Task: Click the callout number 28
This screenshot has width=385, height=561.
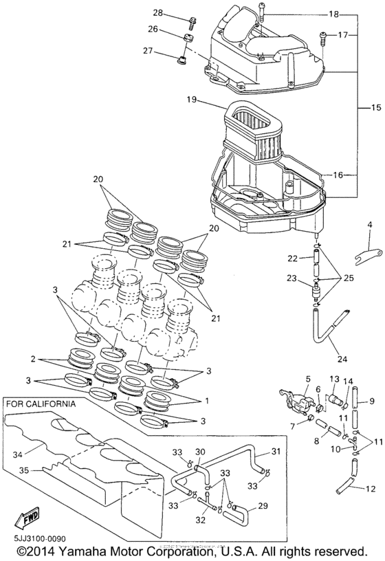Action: [157, 13]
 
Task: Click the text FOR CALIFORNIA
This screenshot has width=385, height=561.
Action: [41, 404]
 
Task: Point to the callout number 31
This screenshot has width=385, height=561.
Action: [275, 451]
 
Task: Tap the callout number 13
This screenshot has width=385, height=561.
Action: [334, 379]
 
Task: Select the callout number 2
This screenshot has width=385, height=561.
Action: [32, 359]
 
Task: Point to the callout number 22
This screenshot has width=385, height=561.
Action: [291, 258]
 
